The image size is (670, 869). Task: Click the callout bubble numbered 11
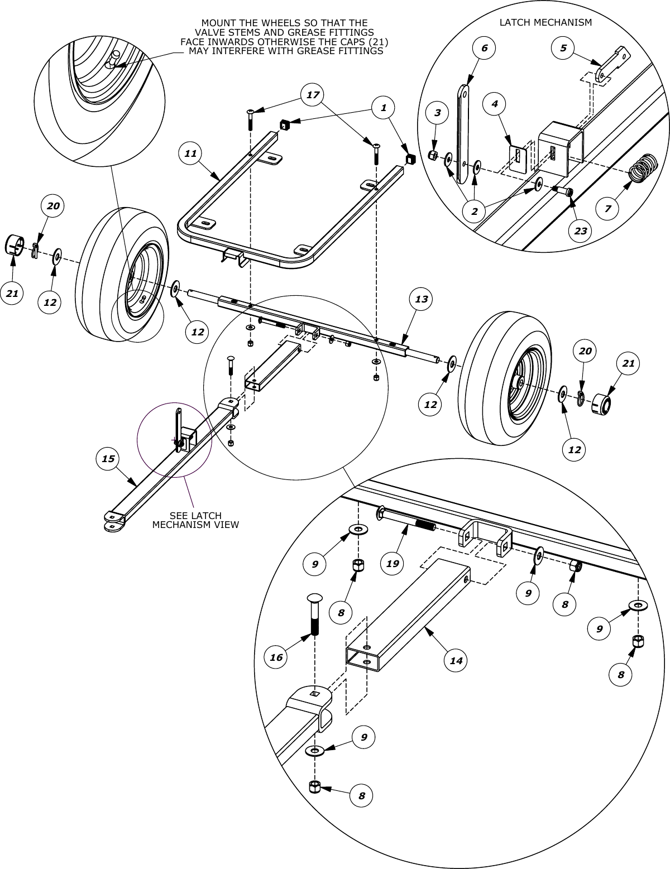(190, 153)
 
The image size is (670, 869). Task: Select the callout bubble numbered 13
(421, 299)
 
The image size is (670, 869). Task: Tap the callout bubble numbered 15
(108, 458)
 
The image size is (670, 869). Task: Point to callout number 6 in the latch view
(484, 48)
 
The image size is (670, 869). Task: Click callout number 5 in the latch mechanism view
(563, 48)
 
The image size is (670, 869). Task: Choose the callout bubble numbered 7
(607, 209)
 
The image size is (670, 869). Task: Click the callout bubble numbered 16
(276, 657)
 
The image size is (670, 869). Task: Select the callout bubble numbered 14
(456, 660)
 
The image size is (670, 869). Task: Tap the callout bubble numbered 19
(393, 563)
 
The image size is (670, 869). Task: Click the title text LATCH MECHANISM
(545, 23)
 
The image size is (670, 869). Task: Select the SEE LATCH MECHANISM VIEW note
(195, 520)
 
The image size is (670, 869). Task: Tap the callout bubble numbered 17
(313, 95)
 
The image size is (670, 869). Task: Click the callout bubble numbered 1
(384, 108)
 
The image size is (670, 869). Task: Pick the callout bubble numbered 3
(437, 113)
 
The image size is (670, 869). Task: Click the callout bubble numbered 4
(495, 104)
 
